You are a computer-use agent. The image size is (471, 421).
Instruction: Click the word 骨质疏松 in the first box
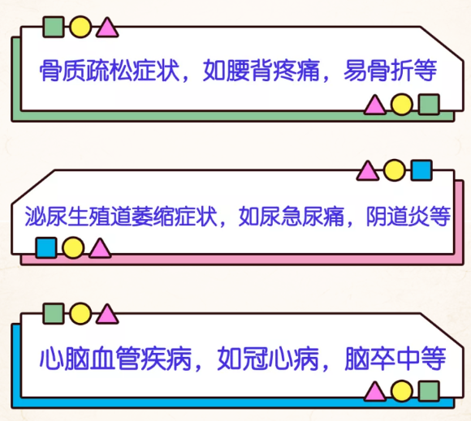click(x=86, y=71)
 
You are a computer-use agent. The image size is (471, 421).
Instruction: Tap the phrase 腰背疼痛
click(x=272, y=71)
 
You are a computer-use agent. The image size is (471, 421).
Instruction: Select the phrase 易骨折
click(x=378, y=71)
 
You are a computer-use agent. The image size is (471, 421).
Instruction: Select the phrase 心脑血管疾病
click(x=115, y=359)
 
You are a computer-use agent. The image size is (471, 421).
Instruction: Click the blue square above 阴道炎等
click(x=421, y=170)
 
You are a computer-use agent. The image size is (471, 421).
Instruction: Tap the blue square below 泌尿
click(x=46, y=248)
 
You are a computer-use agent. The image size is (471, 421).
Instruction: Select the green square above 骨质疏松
click(x=54, y=27)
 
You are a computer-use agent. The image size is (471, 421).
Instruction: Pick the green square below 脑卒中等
click(x=429, y=391)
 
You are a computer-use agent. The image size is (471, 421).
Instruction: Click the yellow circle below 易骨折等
click(x=402, y=105)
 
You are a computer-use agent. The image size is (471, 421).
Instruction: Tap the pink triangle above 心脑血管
click(x=107, y=315)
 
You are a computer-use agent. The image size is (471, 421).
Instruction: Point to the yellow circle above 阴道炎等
click(x=395, y=170)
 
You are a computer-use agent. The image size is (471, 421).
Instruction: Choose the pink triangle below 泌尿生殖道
click(x=100, y=249)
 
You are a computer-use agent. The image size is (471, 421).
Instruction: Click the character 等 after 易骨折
click(x=426, y=71)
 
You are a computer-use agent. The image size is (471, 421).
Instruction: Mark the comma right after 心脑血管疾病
click(x=198, y=367)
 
